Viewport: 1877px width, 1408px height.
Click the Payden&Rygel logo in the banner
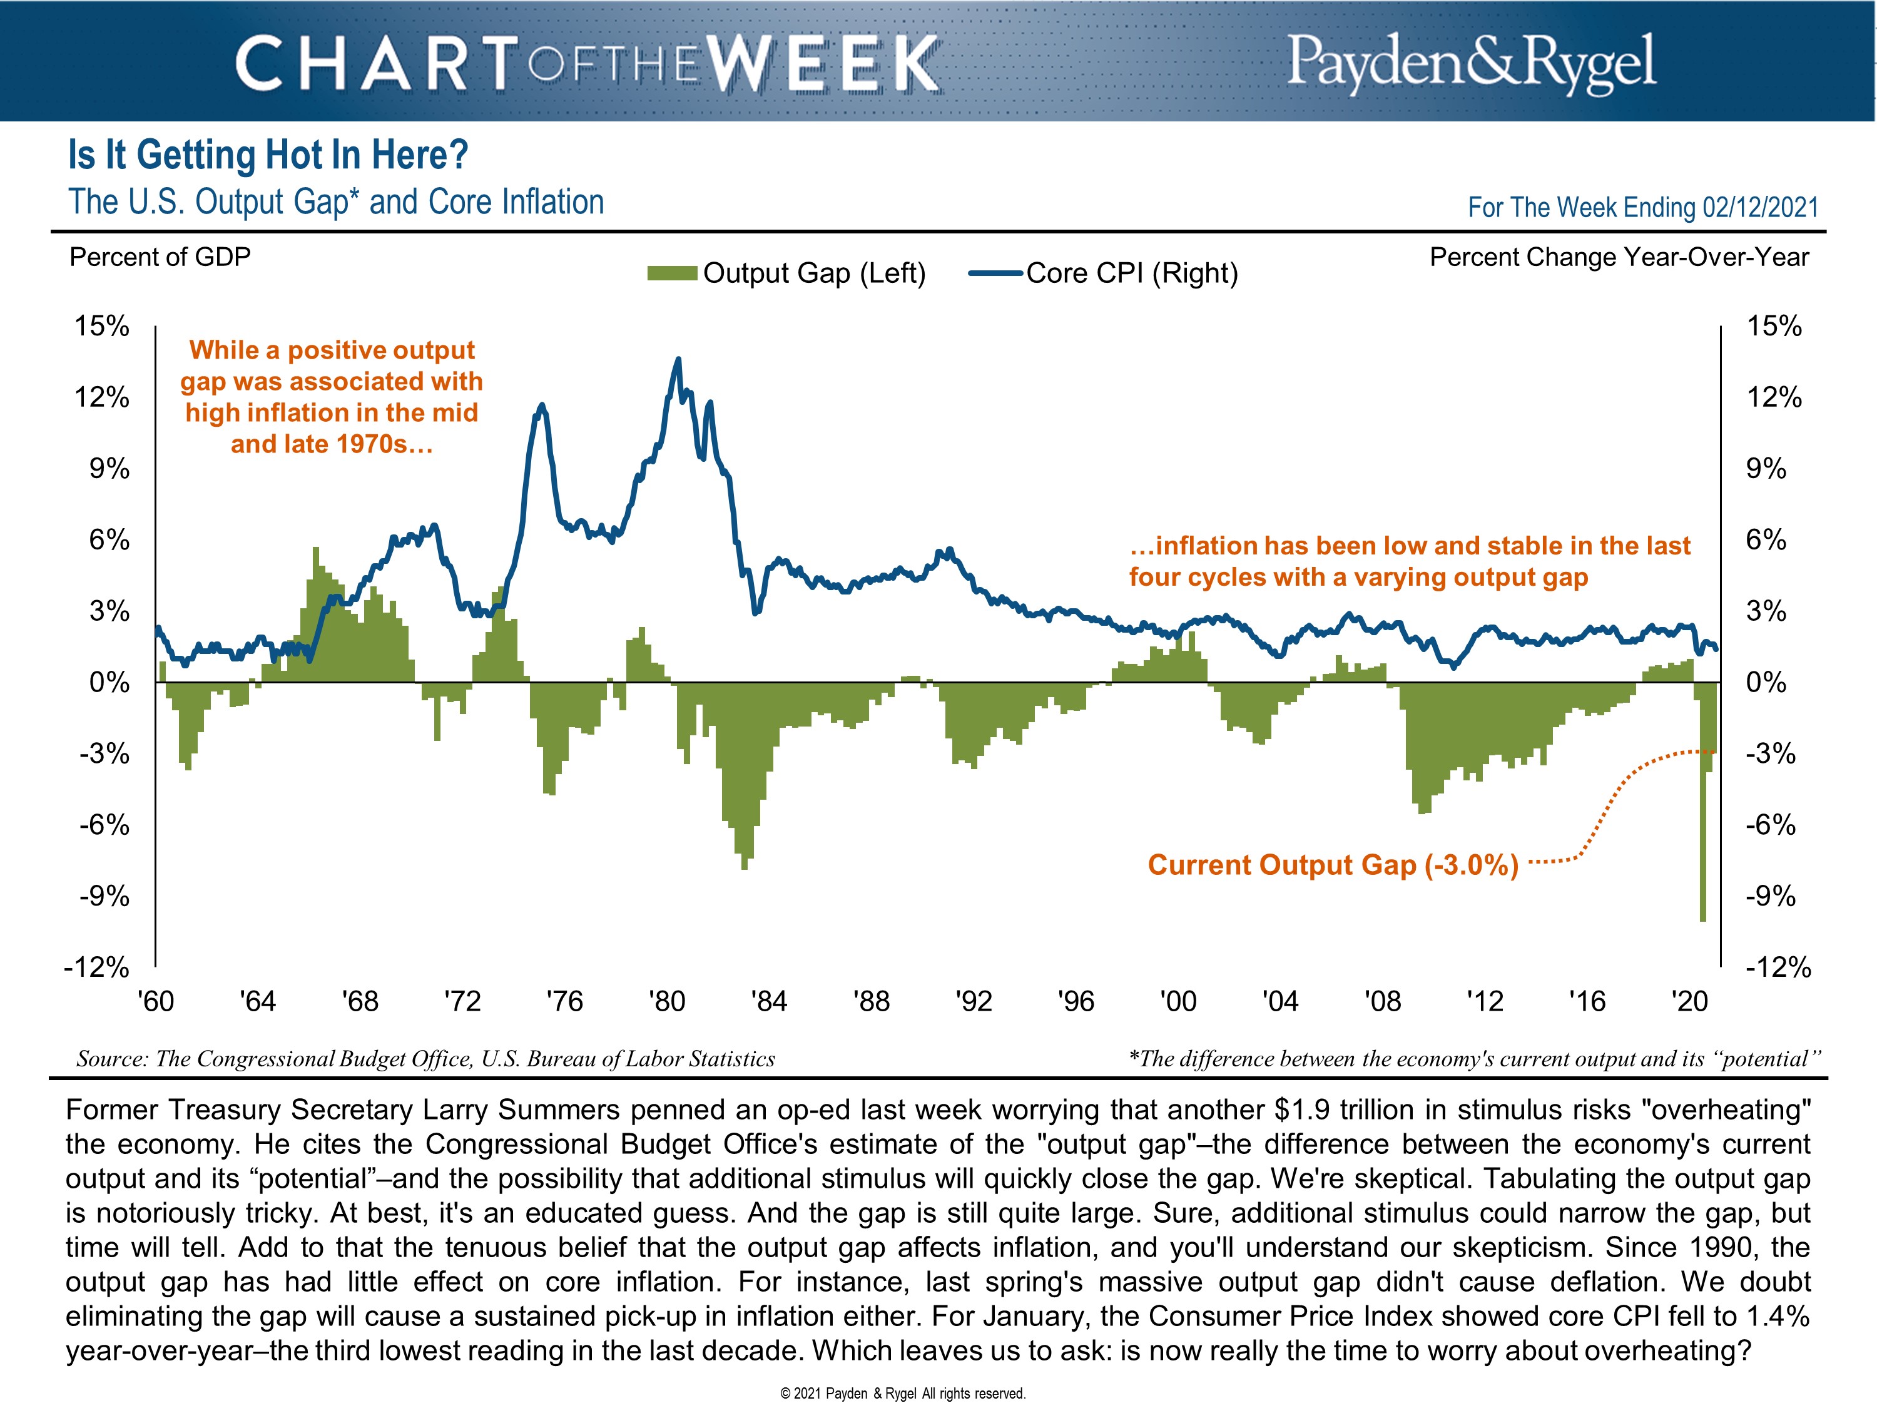(1470, 62)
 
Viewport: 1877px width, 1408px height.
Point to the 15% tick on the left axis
(102, 326)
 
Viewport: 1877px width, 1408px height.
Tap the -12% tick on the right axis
(1777, 967)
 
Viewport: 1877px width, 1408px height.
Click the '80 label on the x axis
(666, 1001)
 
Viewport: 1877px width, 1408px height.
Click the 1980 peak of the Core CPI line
(677, 360)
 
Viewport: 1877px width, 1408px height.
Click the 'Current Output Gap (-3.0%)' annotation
(1332, 865)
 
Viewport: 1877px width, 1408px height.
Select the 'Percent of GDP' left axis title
(160, 257)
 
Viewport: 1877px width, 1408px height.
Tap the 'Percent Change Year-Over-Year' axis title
(1619, 257)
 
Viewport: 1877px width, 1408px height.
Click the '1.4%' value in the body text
(1777, 1317)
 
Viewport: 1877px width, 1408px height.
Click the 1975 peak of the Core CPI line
(541, 405)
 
